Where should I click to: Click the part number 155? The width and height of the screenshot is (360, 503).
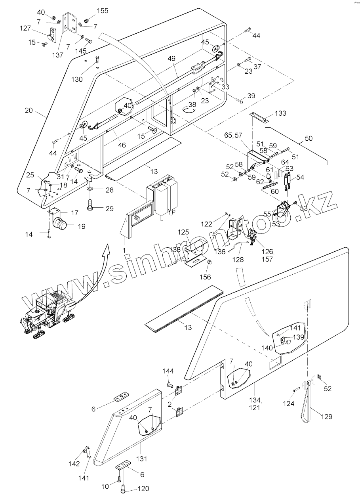click(x=103, y=11)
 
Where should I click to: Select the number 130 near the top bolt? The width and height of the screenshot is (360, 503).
click(x=77, y=79)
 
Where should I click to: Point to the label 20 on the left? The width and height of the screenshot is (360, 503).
click(x=29, y=110)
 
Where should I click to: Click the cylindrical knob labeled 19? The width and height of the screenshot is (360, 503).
click(x=62, y=225)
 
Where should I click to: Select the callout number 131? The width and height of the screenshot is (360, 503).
click(x=141, y=459)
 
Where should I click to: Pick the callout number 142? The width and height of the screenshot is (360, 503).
click(x=74, y=464)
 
